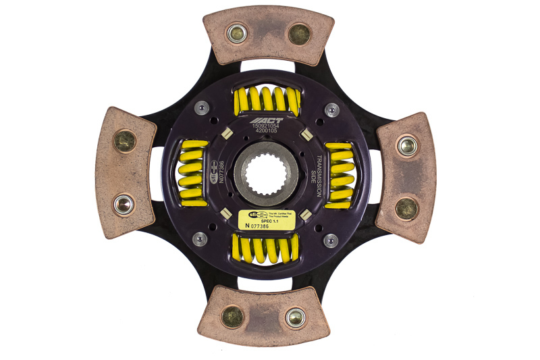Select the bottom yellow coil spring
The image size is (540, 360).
coord(266,249)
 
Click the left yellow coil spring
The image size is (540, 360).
coord(191,174)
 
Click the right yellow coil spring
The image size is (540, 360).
coord(340,174)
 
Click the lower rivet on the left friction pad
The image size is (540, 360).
coord(123,203)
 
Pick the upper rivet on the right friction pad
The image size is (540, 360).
coord(406,145)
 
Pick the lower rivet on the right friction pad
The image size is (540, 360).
coord(406,207)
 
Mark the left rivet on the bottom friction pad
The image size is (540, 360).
coord(233,315)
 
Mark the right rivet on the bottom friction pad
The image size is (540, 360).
coord(295,316)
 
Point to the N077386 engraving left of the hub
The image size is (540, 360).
coord(221,175)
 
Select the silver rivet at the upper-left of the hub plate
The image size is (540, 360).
coord(201,107)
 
